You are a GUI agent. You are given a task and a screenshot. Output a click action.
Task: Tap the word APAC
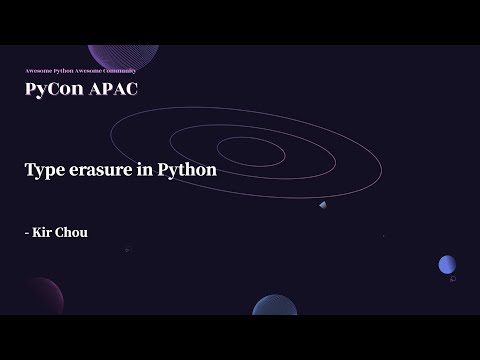pyautogui.click(x=112, y=89)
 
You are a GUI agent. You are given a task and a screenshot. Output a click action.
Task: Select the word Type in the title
pyautogui.click(x=44, y=169)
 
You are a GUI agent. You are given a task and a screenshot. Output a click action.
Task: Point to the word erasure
pyautogui.click(x=103, y=170)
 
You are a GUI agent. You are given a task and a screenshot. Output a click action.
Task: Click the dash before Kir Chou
pyautogui.click(x=27, y=233)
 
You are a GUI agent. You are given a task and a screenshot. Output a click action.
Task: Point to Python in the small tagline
pyautogui.click(x=62, y=71)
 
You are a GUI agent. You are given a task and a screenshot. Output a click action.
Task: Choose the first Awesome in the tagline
pyautogui.click(x=37, y=71)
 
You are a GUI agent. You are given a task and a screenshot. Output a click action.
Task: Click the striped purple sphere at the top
pyautogui.click(x=123, y=55)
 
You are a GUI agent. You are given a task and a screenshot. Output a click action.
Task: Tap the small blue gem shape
pyautogui.click(x=323, y=205)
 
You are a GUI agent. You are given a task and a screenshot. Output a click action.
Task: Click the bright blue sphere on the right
pyautogui.click(x=447, y=264)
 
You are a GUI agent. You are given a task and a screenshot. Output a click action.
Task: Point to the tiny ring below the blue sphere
pyautogui.click(x=453, y=280)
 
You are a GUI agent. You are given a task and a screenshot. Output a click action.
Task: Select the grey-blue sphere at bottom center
pyautogui.click(x=275, y=306)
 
